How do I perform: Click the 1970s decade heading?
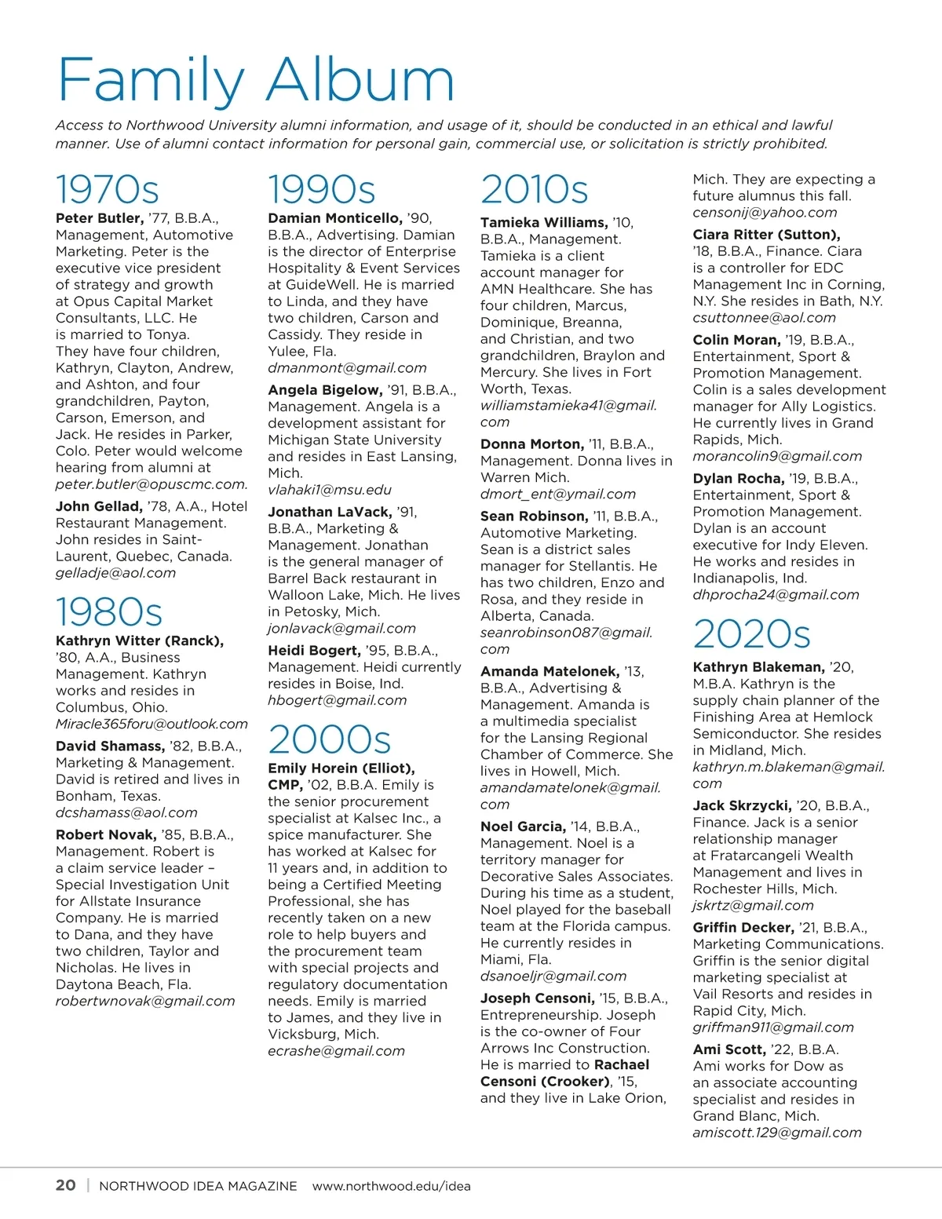point(108,189)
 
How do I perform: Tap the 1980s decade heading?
point(109,612)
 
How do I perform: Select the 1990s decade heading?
point(322,189)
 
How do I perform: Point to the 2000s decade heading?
point(330,739)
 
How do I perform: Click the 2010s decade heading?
point(535,189)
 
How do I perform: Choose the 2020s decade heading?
point(751,634)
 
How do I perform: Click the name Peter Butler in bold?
point(100,218)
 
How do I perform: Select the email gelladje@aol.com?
point(115,573)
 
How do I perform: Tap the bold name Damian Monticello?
point(334,218)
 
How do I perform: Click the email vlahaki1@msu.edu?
point(330,490)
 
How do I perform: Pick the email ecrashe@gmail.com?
point(336,1051)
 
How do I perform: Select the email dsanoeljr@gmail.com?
point(553,976)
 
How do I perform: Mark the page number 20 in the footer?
point(66,1185)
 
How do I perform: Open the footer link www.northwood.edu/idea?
point(392,1186)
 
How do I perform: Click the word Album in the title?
point(361,80)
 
